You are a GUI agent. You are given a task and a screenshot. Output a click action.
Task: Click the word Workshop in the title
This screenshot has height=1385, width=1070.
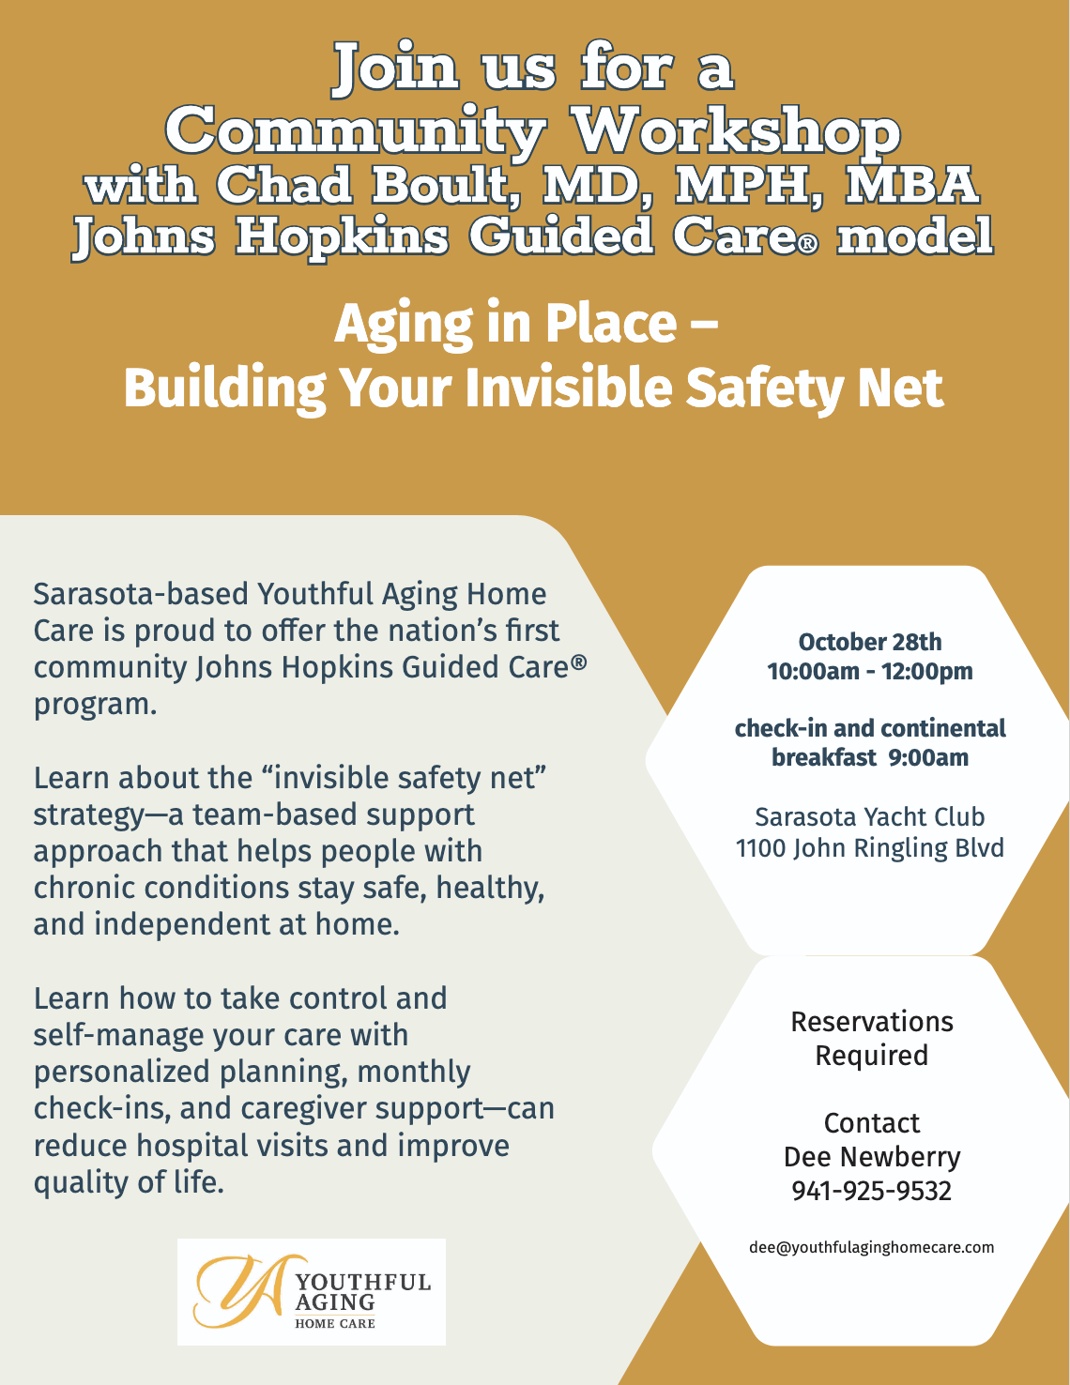pyautogui.click(x=737, y=130)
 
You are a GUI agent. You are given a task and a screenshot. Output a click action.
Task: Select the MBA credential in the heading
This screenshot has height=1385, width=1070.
pyautogui.click(x=911, y=184)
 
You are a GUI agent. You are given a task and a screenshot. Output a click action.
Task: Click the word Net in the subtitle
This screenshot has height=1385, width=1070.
pyautogui.click(x=905, y=388)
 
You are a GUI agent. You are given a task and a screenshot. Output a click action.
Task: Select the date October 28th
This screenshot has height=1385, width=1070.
pyautogui.click(x=869, y=642)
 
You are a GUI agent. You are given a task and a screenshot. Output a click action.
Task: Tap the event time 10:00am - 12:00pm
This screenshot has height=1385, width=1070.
pyautogui.click(x=869, y=671)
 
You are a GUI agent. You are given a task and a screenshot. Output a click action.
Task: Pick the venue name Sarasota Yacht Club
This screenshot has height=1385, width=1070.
pyautogui.click(x=869, y=816)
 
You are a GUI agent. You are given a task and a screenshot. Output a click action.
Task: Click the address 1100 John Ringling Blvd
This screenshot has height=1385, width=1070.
pyautogui.click(x=869, y=847)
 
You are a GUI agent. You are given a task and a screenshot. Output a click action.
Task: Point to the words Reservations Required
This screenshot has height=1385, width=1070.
pyautogui.click(x=871, y=1038)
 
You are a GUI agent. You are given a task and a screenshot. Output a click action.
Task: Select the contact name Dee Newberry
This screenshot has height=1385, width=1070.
pyautogui.click(x=871, y=1156)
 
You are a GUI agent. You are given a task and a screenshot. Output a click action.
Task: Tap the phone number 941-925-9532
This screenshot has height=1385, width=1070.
pyautogui.click(x=871, y=1191)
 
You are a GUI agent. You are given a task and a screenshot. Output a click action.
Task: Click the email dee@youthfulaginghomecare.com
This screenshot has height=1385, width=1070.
pyautogui.click(x=871, y=1247)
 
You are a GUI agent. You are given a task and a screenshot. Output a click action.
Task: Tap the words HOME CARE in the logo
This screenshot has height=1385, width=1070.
pyautogui.click(x=335, y=1323)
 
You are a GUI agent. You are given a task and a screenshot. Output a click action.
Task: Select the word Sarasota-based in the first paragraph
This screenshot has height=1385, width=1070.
pyautogui.click(x=141, y=594)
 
